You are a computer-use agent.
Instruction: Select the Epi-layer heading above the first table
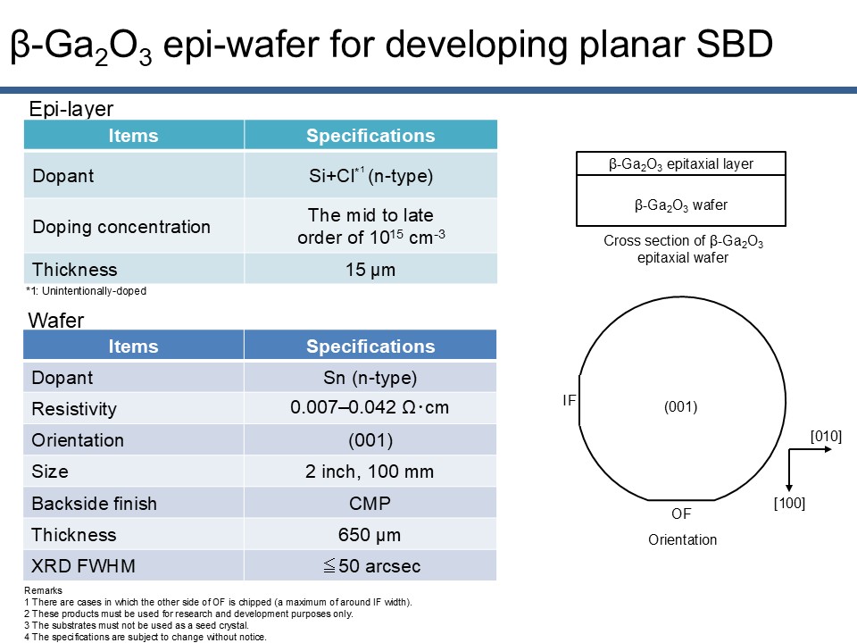pos(71,108)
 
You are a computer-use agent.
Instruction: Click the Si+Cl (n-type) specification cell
pos(370,175)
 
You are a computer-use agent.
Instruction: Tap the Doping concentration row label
pos(121,226)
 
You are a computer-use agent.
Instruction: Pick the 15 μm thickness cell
pos(370,269)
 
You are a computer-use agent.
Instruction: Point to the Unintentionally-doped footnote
pos(86,291)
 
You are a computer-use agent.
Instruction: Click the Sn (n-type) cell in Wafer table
pos(370,377)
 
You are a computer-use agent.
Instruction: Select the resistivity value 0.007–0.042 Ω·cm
pos(370,407)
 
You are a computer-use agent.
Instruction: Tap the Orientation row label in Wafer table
pos(78,440)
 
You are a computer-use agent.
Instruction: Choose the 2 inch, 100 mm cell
pos(370,472)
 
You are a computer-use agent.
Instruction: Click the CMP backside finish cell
pos(370,503)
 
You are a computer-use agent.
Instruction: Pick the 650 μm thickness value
pos(370,535)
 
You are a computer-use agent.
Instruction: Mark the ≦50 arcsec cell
pos(370,566)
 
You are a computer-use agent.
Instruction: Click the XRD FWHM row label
pos(83,566)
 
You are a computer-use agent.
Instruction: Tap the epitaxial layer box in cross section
pos(681,163)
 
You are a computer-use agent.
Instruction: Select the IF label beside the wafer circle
pos(569,401)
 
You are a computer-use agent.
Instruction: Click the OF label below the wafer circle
pos(681,514)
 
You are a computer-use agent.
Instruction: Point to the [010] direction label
pos(826,437)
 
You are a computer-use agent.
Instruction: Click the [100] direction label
pos(789,503)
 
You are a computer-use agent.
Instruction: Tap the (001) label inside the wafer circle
pos(680,407)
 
